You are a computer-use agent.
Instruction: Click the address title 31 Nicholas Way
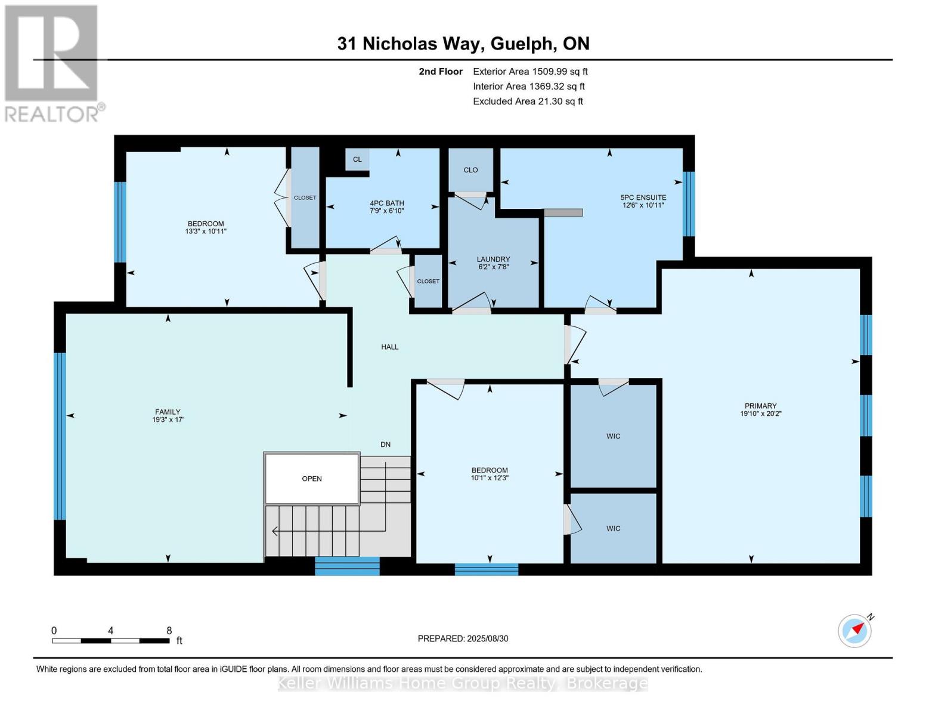pyautogui.click(x=463, y=44)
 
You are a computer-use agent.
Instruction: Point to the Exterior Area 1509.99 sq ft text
pyautogui.click(x=529, y=72)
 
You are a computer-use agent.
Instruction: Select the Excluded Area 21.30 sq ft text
pyautogui.click(x=528, y=101)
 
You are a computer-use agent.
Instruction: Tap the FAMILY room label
pyautogui.click(x=168, y=412)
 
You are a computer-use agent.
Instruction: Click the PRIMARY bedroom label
pyautogui.click(x=760, y=406)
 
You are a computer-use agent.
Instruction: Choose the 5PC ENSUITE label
pyautogui.click(x=643, y=197)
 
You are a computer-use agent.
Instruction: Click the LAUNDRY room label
pyautogui.click(x=493, y=260)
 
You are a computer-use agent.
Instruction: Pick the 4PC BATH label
pyautogui.click(x=387, y=203)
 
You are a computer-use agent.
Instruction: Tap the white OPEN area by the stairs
pyautogui.click(x=312, y=479)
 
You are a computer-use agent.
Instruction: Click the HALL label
pyautogui.click(x=390, y=347)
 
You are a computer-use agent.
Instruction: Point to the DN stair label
pyautogui.click(x=386, y=445)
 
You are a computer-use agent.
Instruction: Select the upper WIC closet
pyautogui.click(x=613, y=436)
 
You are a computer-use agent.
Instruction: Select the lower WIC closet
pyautogui.click(x=613, y=529)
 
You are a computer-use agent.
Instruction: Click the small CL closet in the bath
pyautogui.click(x=357, y=159)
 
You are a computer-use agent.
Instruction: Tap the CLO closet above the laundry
pyautogui.click(x=470, y=170)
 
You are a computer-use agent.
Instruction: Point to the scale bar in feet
pyautogui.click(x=111, y=640)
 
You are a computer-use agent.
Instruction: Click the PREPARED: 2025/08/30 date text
pyautogui.click(x=463, y=638)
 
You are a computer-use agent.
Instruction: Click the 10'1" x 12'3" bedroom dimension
pyautogui.click(x=490, y=478)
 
